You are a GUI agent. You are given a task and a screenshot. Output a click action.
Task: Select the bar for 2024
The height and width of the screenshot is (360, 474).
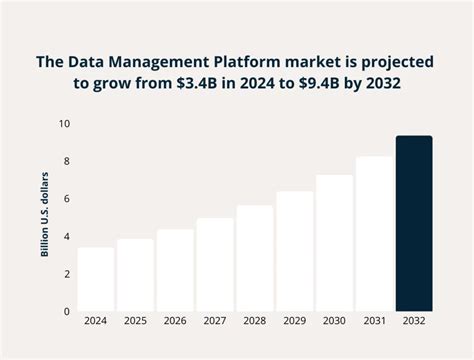click(x=95, y=279)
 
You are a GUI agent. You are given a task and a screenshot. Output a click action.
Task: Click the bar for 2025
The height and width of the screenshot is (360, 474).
click(x=135, y=275)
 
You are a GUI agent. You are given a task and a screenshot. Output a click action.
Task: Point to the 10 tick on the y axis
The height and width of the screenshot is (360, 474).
click(x=64, y=124)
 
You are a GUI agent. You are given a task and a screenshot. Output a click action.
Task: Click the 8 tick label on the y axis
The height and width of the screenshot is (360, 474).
click(x=66, y=161)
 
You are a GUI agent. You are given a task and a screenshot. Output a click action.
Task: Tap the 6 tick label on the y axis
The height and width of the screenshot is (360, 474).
click(x=66, y=199)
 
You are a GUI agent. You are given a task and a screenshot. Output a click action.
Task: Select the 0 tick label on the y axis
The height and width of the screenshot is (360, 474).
click(x=66, y=311)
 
